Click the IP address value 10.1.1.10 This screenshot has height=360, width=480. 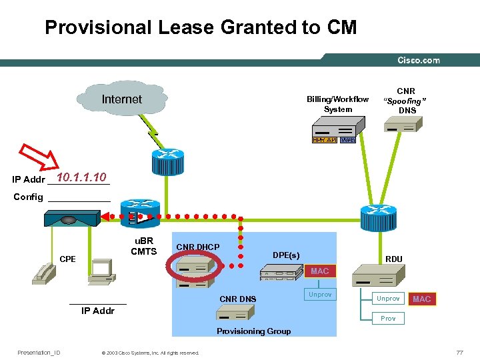[81, 177]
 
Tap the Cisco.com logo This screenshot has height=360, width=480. [418, 61]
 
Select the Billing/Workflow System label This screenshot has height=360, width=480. [337, 104]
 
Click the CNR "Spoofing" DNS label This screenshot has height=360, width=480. [406, 101]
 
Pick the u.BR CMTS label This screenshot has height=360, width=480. [143, 246]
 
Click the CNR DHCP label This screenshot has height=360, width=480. [197, 247]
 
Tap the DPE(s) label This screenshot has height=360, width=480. [286, 255]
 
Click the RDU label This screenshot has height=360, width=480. [394, 259]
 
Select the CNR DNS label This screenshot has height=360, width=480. [237, 299]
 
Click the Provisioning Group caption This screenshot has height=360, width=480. [253, 331]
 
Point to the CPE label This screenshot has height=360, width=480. [68, 259]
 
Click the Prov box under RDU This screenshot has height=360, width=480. [388, 318]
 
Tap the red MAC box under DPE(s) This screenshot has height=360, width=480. [319, 271]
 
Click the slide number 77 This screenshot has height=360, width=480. [459, 352]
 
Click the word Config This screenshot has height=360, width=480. [28, 197]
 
